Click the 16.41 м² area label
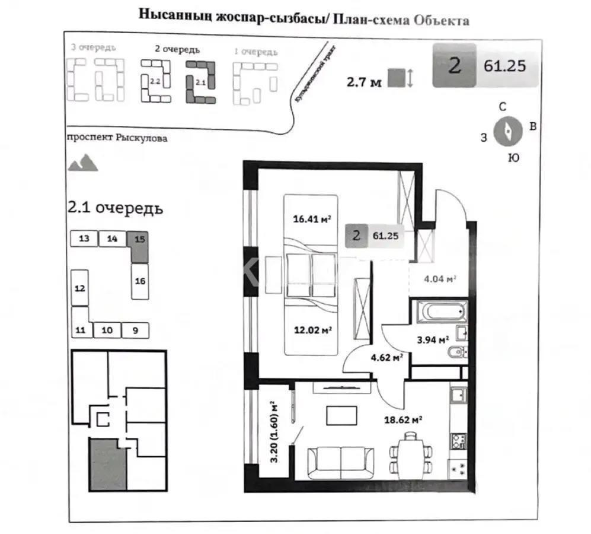312,219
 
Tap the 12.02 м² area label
312,330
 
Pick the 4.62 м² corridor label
386,357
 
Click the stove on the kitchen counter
458,441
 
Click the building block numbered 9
135,330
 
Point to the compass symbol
508,131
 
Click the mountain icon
83,162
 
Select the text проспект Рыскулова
117,138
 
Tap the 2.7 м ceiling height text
364,79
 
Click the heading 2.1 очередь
116,208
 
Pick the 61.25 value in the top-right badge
504,66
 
